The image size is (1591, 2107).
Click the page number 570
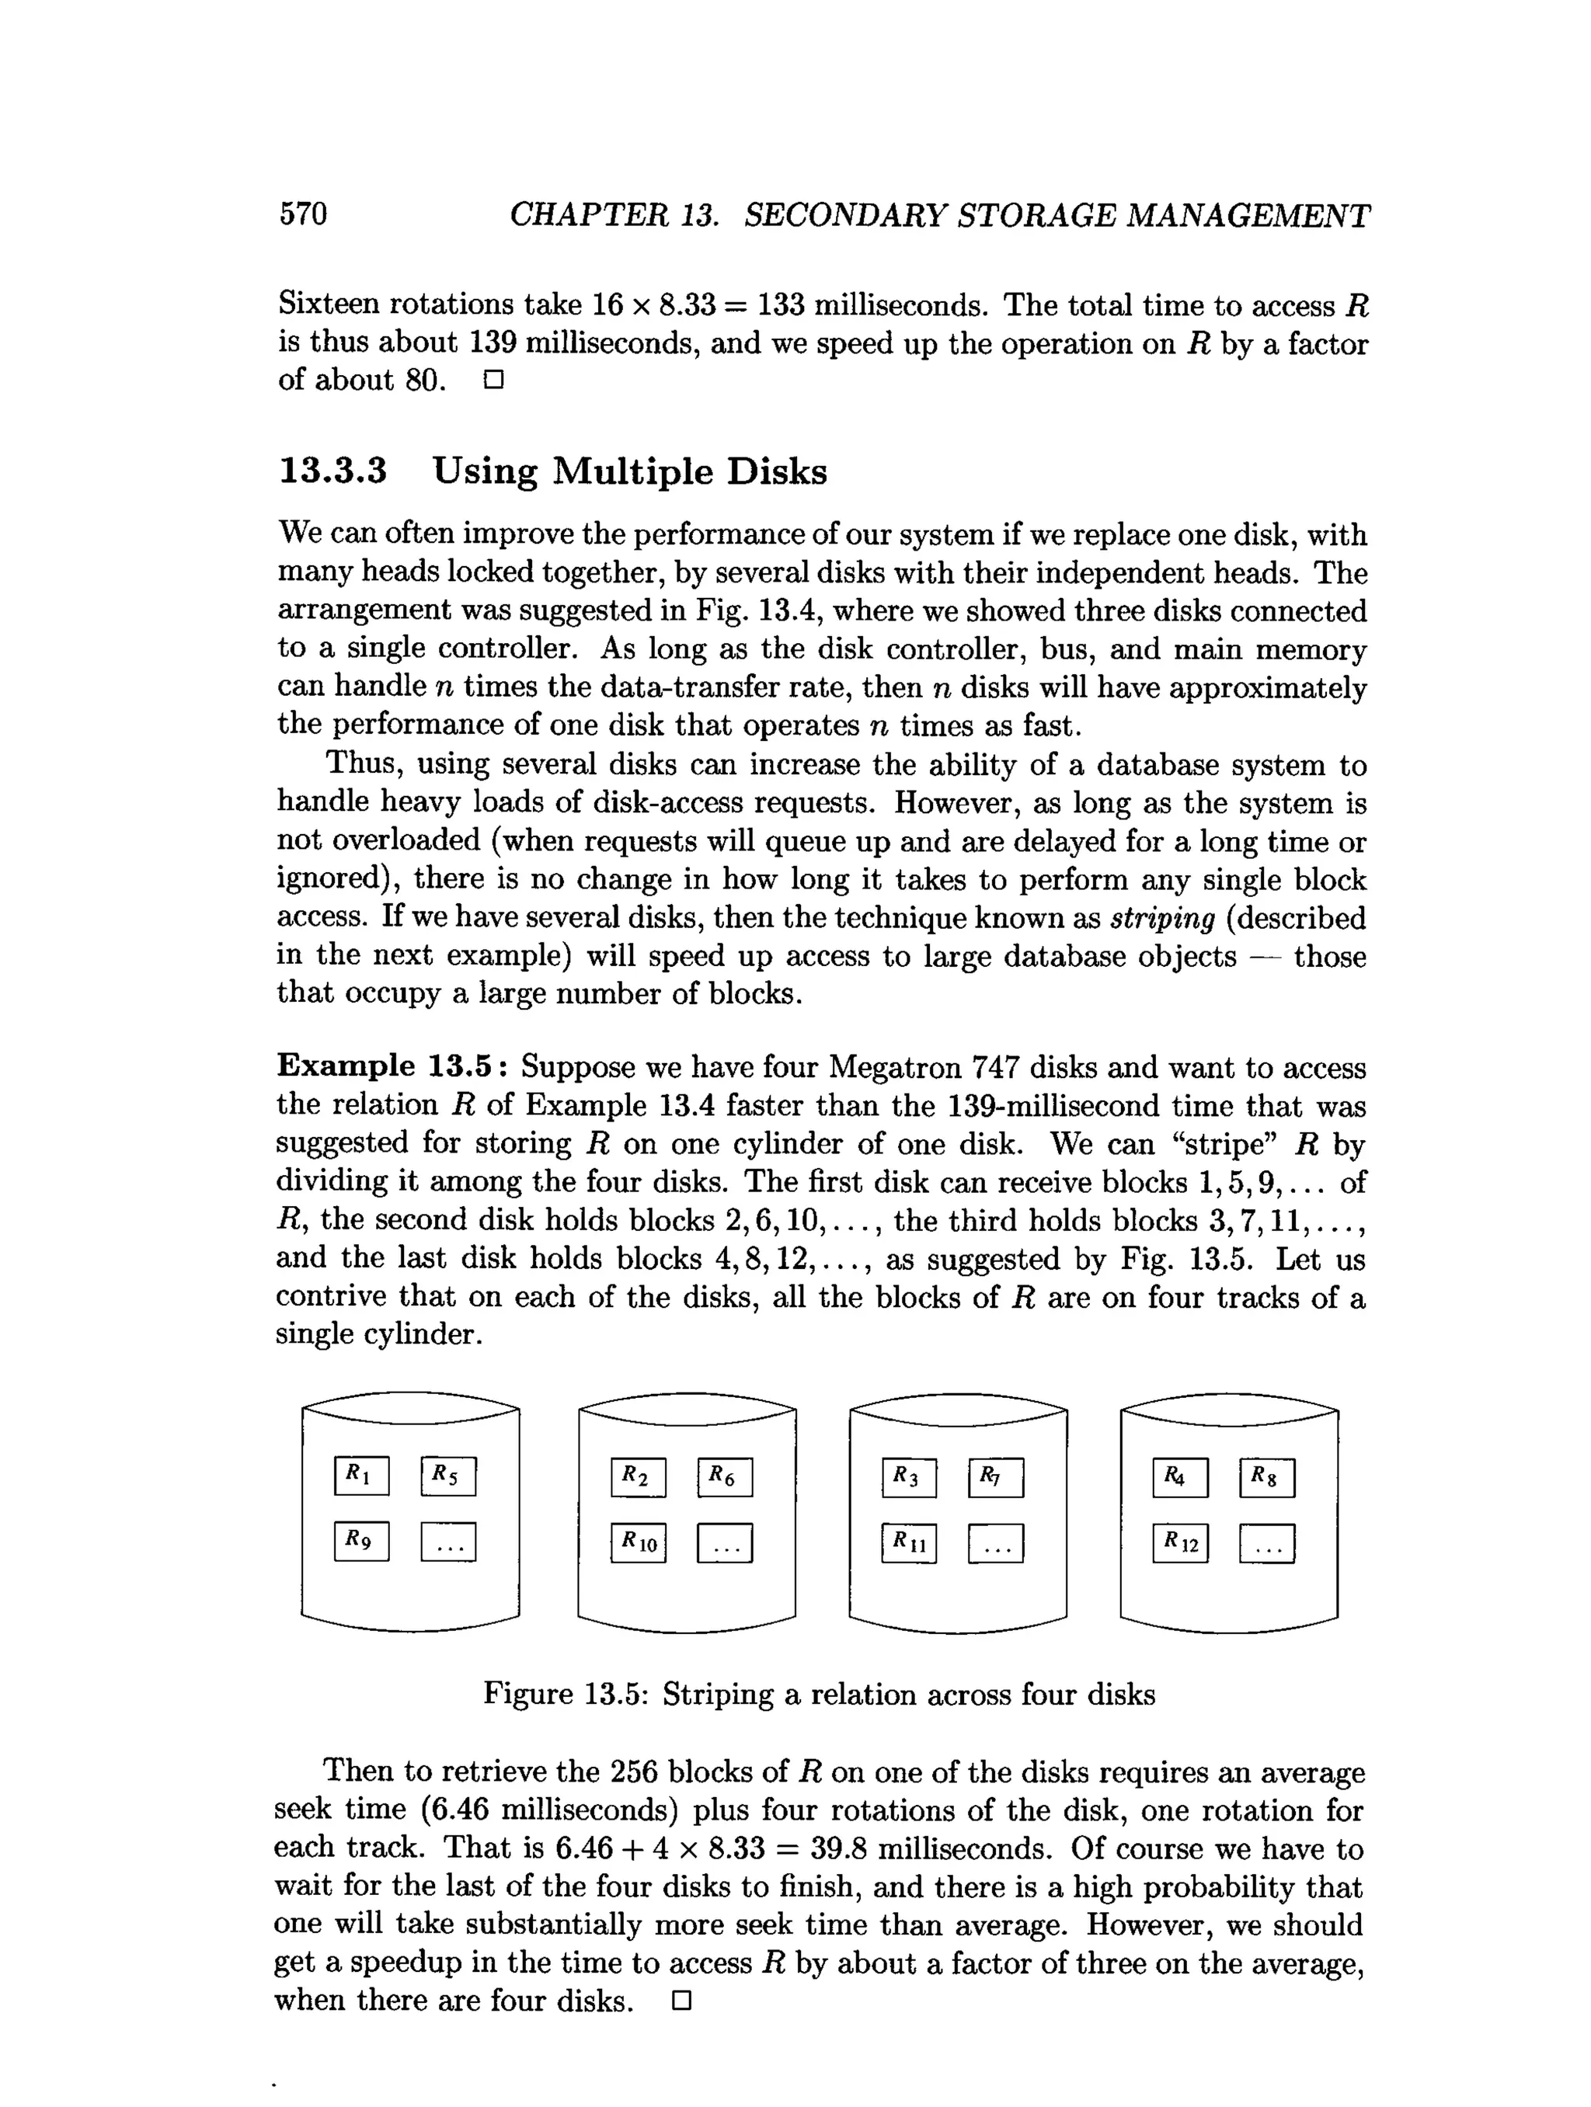tap(303, 214)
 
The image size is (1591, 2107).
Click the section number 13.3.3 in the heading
tap(332, 471)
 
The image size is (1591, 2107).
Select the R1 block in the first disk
tap(361, 1476)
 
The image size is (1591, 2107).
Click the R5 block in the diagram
tap(447, 1476)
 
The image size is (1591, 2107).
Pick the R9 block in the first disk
tap(361, 1541)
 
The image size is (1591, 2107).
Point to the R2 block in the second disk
tap(637, 1477)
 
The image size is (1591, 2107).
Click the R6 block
tap(724, 1477)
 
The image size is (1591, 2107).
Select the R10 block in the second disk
tap(637, 1543)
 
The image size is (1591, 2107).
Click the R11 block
tap(909, 1543)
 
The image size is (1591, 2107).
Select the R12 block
tap(1179, 1543)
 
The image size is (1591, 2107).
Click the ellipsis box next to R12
tap(1266, 1544)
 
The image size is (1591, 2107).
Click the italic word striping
tap(1162, 918)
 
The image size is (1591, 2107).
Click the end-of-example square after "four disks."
tap(681, 2001)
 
